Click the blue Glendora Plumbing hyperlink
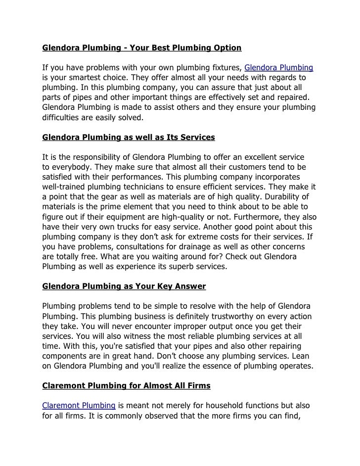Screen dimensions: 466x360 pos(279,67)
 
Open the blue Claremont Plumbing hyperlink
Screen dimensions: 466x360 pos(79,406)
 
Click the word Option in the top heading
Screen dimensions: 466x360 pos(226,48)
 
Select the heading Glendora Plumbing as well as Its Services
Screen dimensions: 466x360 pos(129,136)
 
